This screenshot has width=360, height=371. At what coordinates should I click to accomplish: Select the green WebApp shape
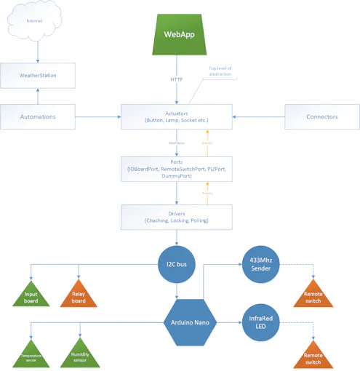pos(177,35)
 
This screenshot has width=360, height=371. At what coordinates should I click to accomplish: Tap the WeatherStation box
pos(38,75)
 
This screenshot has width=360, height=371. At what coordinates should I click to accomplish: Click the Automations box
pos(38,116)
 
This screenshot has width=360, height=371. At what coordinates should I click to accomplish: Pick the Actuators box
pos(177,116)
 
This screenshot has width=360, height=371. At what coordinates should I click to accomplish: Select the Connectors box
pos(321,116)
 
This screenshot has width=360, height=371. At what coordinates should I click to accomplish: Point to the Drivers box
pos(177,217)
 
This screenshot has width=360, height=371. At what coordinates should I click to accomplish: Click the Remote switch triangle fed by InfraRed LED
pos(313,356)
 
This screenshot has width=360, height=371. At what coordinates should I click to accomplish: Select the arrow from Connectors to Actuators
pos(258,116)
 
